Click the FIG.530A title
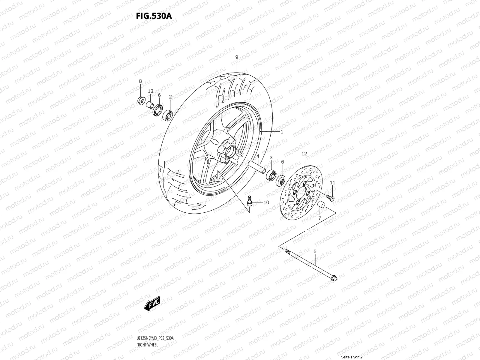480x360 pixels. pyautogui.click(x=154, y=16)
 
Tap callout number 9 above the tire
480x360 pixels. pyautogui.click(x=237, y=57)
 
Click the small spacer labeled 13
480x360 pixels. pyautogui.click(x=149, y=105)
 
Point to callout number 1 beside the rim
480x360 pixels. pyautogui.click(x=282, y=131)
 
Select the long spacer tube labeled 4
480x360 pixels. pyautogui.click(x=257, y=167)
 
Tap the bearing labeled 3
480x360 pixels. pyautogui.click(x=271, y=175)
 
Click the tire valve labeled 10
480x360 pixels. pyautogui.click(x=248, y=200)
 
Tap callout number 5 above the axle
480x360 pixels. pyautogui.click(x=315, y=251)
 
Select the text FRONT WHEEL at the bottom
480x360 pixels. pyautogui.click(x=147, y=344)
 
